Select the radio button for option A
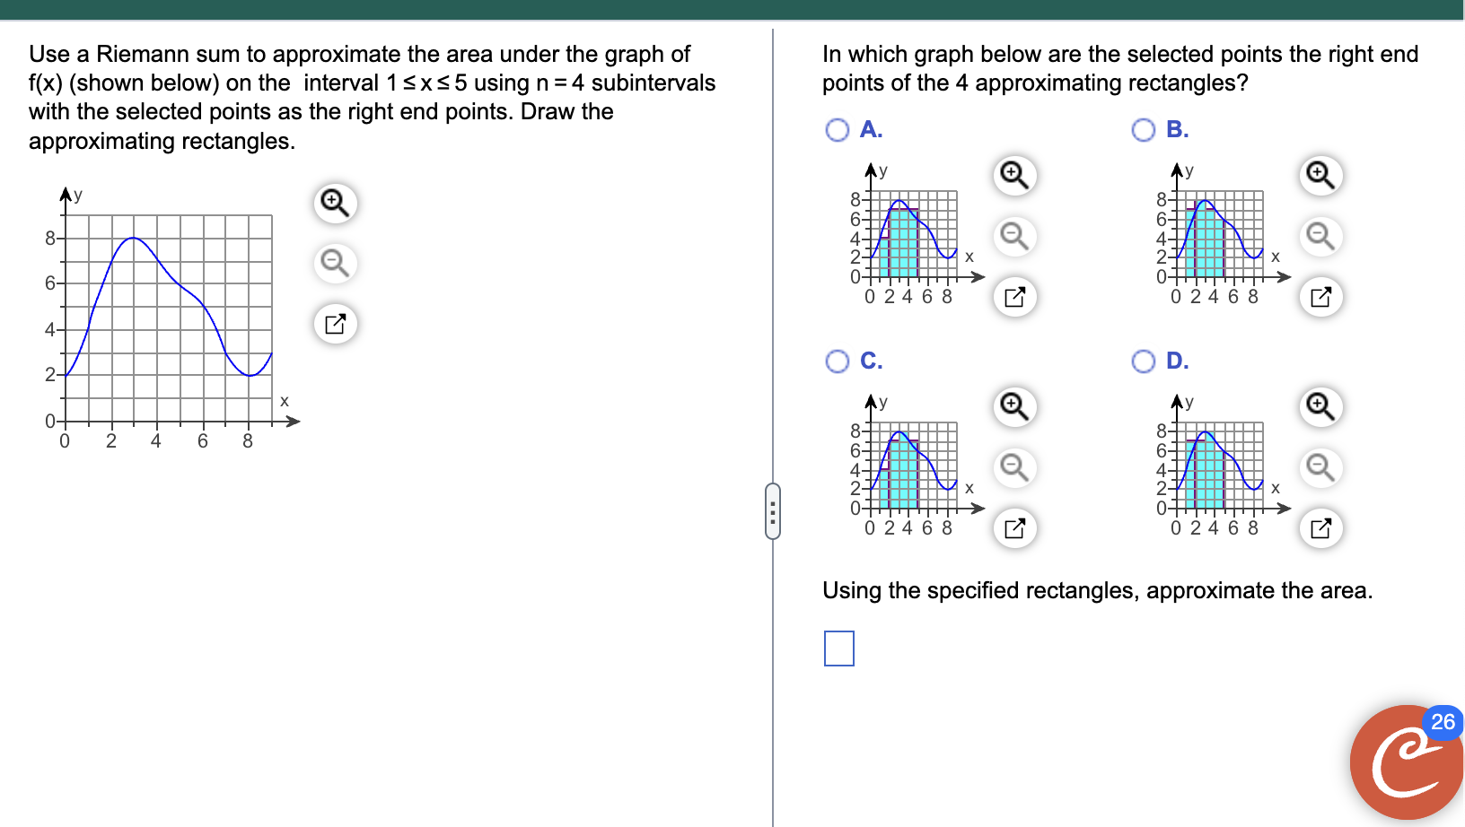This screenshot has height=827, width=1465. pyautogui.click(x=837, y=130)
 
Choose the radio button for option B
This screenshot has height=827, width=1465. pyautogui.click(x=1143, y=130)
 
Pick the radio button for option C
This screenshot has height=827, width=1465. pyautogui.click(x=837, y=361)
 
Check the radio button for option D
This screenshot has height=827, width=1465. pyautogui.click(x=1143, y=361)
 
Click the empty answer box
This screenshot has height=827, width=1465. pyautogui.click(x=838, y=649)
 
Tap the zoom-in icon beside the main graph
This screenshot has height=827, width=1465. pyautogui.click(x=335, y=203)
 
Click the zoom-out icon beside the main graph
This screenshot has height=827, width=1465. pyautogui.click(x=335, y=263)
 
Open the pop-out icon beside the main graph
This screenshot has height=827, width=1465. pyautogui.click(x=335, y=324)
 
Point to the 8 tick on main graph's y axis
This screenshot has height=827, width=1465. pyautogui.click(x=51, y=238)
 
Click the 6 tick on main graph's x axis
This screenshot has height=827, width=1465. pyautogui.click(x=202, y=440)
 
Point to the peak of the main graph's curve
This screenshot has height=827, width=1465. pyautogui.click(x=133, y=238)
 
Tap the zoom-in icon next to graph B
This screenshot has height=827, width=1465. pyautogui.click(x=1320, y=174)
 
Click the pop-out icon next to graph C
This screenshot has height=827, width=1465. pyautogui.click(x=1014, y=528)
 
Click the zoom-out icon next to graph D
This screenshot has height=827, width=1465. pyautogui.click(x=1320, y=466)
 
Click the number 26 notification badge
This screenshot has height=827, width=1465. pyautogui.click(x=1442, y=722)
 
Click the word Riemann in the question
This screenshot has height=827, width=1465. pyautogui.click(x=139, y=54)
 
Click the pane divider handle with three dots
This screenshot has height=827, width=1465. pyautogui.click(x=773, y=511)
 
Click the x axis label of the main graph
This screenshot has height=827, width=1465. pyautogui.click(x=285, y=401)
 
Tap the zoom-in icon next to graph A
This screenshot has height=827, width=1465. pyautogui.click(x=1014, y=174)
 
